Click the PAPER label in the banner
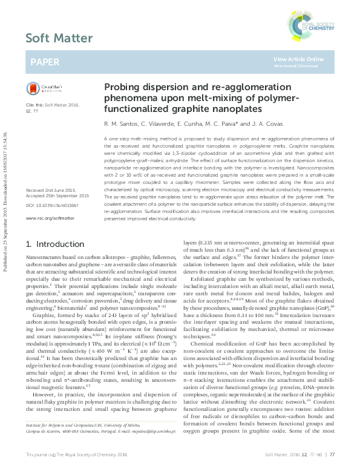click(x=45, y=62)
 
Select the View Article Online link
click(x=298, y=59)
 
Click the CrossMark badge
click(x=39, y=88)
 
